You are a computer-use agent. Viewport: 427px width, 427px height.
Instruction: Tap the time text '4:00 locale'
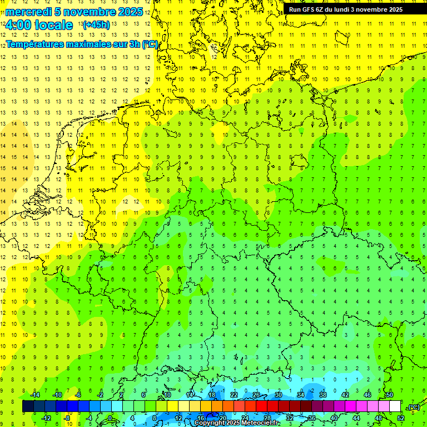38,25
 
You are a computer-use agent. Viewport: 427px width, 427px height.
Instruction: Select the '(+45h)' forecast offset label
96,25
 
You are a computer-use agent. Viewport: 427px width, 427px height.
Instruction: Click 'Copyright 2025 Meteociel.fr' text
237,423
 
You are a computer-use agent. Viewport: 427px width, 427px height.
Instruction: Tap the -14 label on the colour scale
36,395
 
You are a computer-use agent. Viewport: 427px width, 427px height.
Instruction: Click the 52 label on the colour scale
401,418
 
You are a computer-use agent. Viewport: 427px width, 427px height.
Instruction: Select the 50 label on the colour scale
390,395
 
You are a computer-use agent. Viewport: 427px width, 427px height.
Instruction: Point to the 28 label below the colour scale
267,418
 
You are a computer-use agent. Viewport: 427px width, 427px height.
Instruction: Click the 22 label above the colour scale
234,395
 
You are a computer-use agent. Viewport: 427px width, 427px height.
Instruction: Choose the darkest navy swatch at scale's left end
28,406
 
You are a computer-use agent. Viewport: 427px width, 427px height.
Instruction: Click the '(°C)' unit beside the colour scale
413,407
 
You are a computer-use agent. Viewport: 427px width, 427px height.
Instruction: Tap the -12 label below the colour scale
47,418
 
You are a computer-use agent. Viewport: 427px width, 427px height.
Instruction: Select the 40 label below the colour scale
334,418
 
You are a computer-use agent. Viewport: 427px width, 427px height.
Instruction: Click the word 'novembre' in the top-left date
86,12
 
